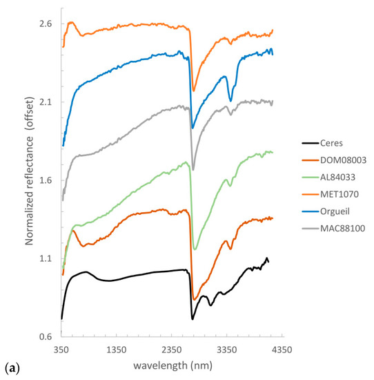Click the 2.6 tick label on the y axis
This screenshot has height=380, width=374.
coord(46,23)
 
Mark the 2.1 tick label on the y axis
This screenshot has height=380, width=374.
coord(46,102)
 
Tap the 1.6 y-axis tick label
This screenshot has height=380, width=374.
coord(46,180)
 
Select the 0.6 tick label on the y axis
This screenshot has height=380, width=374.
coord(46,337)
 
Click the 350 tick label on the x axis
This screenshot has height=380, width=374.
coord(61,350)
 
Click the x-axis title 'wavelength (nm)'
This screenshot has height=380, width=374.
coord(171,365)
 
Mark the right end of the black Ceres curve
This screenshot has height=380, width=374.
coord(268,261)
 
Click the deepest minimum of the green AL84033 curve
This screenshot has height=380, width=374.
coord(195,249)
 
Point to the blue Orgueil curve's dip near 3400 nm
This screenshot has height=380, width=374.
coord(231,100)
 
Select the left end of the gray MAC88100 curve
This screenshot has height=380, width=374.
coord(62,200)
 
